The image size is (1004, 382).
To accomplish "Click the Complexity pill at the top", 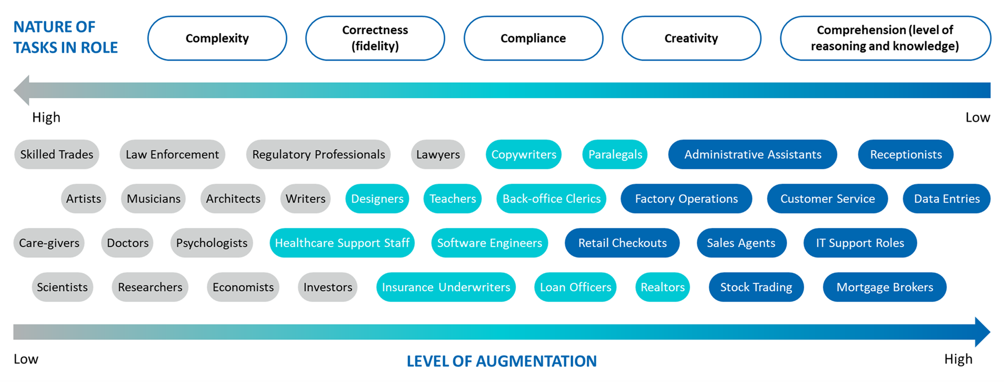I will (217, 38).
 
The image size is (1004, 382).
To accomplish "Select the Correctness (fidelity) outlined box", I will (375, 38).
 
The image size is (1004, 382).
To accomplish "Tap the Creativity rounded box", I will (691, 38).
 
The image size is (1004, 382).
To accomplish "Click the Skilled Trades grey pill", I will (57, 154).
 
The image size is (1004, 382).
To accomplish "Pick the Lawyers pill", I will (438, 154).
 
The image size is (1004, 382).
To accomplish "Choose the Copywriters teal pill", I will (524, 154).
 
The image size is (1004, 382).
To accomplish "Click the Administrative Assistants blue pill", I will (752, 154).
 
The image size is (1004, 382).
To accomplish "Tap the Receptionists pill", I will (906, 154).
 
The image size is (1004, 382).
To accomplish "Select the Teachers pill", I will (452, 199).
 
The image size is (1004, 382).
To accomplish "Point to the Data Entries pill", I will (946, 199).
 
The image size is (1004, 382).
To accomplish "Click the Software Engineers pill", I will (489, 243).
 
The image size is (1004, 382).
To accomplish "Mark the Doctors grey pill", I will (128, 243).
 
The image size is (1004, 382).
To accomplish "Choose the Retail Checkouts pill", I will (622, 243).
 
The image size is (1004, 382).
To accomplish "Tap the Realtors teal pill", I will (662, 287).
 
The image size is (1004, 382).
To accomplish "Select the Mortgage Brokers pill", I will (885, 287).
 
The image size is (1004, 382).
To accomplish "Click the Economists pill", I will (243, 287).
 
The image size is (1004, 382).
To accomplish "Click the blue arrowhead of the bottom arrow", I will (982, 332).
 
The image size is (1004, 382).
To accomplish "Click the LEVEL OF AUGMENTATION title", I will (501, 361).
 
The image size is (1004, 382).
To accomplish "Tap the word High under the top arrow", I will (46, 117).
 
